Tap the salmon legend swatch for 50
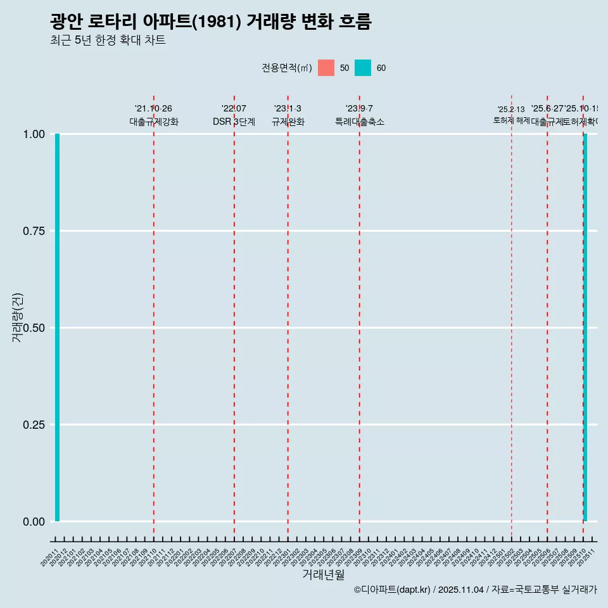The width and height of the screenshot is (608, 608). (326, 68)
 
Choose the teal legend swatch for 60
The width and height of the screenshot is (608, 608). (363, 68)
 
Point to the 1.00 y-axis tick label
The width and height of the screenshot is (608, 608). (34, 134)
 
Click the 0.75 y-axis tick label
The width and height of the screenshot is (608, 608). (34, 231)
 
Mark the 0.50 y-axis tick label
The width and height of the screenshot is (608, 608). (34, 328)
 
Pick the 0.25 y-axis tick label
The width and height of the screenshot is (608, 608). (34, 425)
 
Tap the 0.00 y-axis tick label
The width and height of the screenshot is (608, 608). (34, 522)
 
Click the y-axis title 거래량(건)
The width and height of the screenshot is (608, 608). (17, 317)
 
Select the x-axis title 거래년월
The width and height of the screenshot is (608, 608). (323, 574)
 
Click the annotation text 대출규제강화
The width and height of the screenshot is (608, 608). (154, 122)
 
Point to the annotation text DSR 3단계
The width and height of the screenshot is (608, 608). (234, 122)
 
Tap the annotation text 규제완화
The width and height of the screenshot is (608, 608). (288, 122)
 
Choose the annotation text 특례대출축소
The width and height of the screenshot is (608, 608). (360, 122)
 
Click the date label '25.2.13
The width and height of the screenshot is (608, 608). (511, 110)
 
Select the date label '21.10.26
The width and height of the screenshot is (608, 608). (153, 109)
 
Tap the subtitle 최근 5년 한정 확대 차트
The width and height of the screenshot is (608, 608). (108, 41)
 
